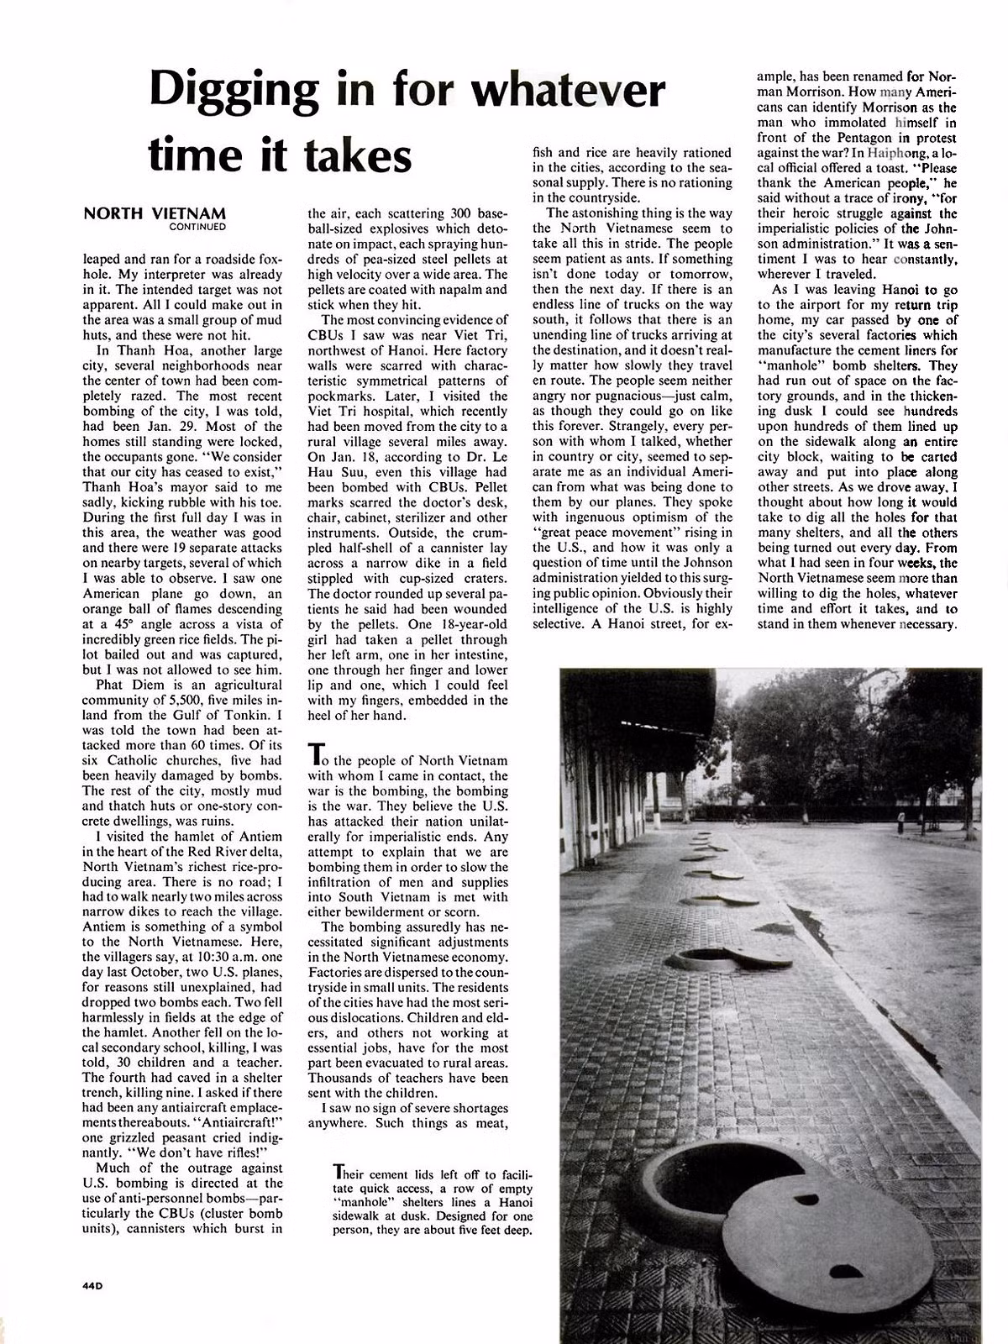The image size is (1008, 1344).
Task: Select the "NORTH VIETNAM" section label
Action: point(155,213)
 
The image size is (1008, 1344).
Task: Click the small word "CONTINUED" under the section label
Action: point(197,226)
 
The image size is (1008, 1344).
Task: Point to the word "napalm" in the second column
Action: point(463,290)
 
